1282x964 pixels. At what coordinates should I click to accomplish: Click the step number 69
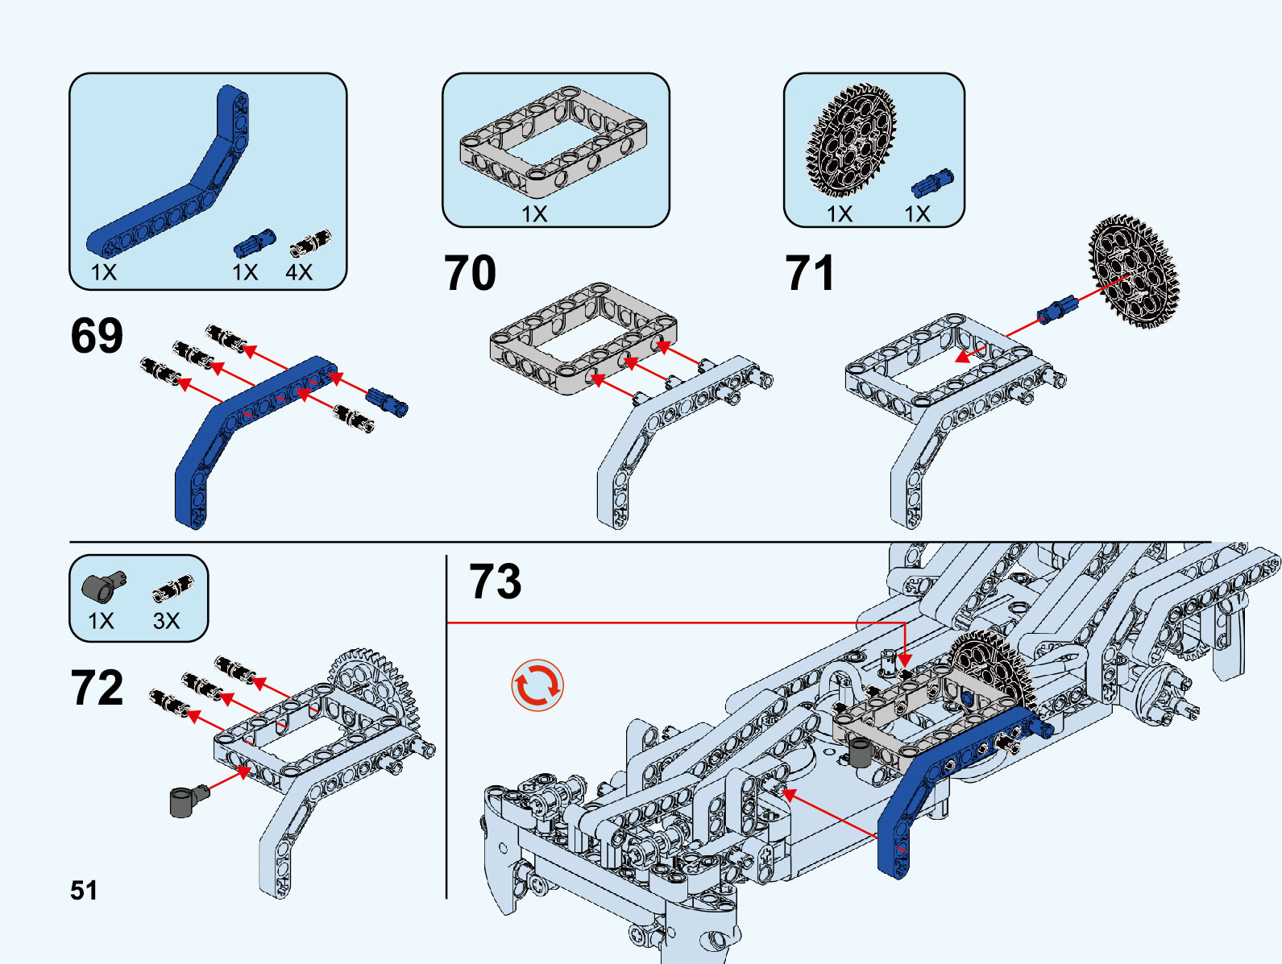click(x=97, y=336)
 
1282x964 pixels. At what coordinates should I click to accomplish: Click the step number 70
click(x=470, y=273)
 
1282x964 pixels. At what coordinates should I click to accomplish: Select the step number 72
click(x=97, y=688)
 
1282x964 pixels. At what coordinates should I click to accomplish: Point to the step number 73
click(x=495, y=581)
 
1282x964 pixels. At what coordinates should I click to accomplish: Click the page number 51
click(x=84, y=891)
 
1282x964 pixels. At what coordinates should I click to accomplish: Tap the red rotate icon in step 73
click(x=537, y=686)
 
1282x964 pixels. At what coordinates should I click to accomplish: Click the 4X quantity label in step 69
click(x=299, y=272)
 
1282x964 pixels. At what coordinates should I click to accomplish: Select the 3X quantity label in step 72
click(x=166, y=621)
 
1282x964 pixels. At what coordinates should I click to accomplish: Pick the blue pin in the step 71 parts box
click(x=932, y=184)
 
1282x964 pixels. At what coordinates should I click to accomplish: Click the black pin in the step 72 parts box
click(x=173, y=589)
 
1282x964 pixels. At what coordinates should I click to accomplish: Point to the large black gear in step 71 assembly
click(x=1133, y=271)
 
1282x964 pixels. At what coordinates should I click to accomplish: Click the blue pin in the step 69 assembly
click(x=388, y=401)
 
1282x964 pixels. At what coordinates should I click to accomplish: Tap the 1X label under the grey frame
click(x=534, y=214)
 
